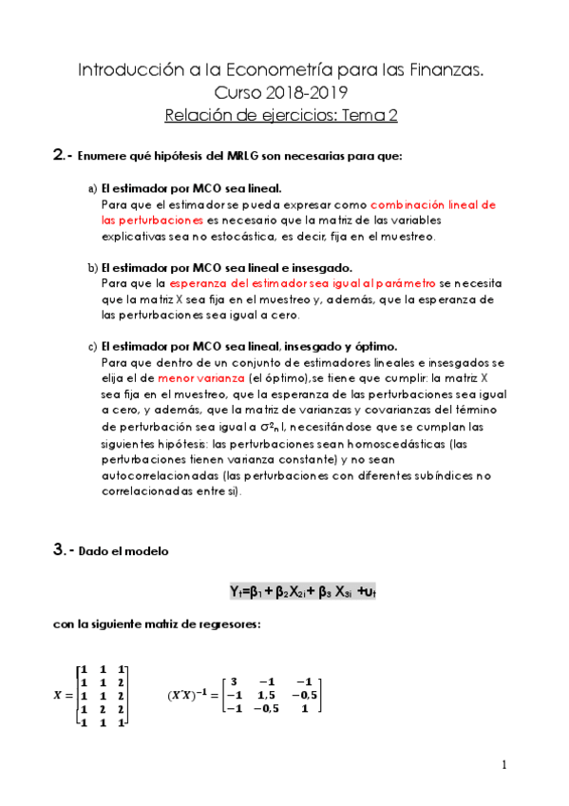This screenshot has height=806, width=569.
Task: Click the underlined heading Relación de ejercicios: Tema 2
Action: click(x=280, y=116)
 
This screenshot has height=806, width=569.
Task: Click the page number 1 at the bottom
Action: click(x=504, y=765)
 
